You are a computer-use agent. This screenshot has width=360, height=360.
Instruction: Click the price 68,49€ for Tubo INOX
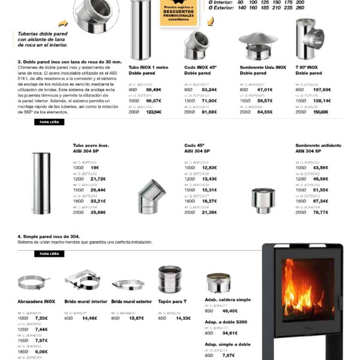click(154, 89)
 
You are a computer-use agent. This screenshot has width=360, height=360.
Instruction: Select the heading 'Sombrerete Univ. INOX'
click(263, 68)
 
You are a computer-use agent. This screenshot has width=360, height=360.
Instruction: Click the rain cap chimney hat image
click(257, 43)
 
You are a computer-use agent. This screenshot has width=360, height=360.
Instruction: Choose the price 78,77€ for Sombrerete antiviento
click(322, 212)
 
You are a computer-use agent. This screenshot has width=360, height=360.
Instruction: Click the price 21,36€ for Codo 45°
click(209, 212)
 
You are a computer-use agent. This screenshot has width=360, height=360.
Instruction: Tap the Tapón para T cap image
click(170, 278)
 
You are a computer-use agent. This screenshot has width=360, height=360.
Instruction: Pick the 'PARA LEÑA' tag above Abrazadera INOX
click(49, 254)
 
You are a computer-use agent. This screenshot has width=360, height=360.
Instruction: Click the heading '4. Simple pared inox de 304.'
click(53, 236)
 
